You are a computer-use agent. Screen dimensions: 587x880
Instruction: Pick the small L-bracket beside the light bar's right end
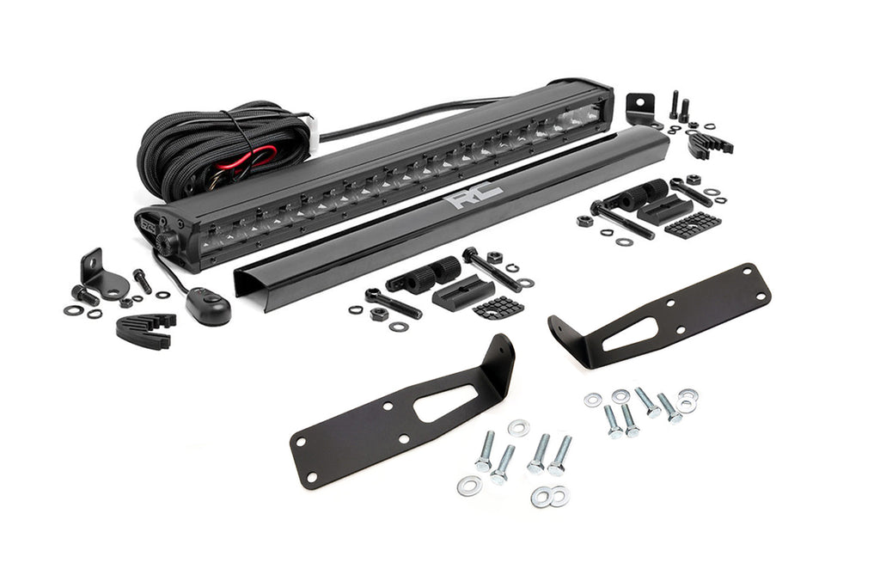pos(641,108)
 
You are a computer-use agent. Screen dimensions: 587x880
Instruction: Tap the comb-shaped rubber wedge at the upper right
pos(709,144)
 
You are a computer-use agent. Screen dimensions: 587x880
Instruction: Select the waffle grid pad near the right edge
pos(692,224)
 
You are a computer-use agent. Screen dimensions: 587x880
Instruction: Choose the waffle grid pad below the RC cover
pos(498,308)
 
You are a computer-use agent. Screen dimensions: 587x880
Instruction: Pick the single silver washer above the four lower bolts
pos(518,427)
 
